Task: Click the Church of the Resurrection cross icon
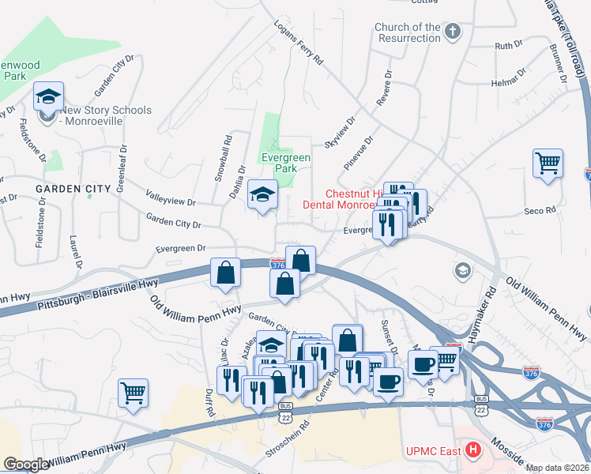[452, 32]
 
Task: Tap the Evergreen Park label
[285, 163]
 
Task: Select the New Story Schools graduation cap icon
[47, 97]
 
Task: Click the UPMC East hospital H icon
[473, 451]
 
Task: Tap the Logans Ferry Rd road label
[299, 43]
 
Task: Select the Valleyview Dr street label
[171, 197]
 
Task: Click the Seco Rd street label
[540, 211]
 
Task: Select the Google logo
[26, 465]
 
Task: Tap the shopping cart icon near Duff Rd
[133, 392]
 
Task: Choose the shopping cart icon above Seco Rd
[547, 163]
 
